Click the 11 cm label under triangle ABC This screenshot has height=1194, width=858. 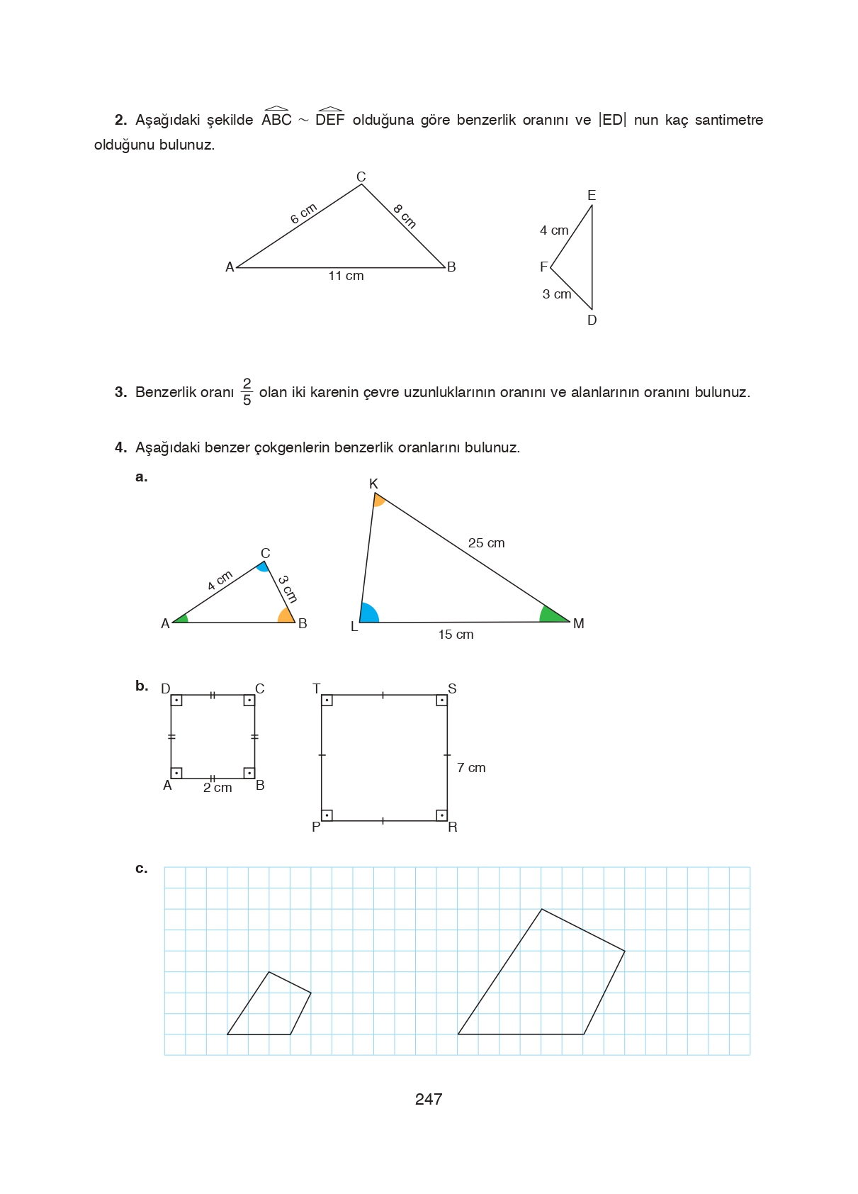pos(346,276)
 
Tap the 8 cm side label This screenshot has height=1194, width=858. pos(405,216)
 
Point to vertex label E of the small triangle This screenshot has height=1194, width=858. pos(592,195)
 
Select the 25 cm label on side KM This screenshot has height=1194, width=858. pos(486,543)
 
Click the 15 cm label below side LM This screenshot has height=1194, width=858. pos(456,635)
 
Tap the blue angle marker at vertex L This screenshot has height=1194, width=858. pos(368,614)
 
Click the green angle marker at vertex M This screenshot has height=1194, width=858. pos(551,615)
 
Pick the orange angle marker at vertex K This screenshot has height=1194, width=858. pos(378,500)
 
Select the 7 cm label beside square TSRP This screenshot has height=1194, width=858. pos(471,768)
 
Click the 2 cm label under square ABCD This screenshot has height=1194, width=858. pos(218,788)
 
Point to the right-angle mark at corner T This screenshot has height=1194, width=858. pos(327,701)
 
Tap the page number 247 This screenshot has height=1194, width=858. pos(429,1099)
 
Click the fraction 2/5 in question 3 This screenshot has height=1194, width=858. pos(247,392)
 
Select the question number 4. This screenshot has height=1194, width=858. pos(120,447)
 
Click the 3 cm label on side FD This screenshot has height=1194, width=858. pos(557,294)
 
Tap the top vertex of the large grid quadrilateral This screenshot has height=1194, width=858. pos(541,909)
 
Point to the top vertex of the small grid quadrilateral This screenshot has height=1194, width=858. pos(269,972)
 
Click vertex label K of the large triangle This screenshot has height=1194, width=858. pos(373,484)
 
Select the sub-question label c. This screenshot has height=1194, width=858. pos(141,869)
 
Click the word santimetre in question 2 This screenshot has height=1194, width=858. pos(728,120)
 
